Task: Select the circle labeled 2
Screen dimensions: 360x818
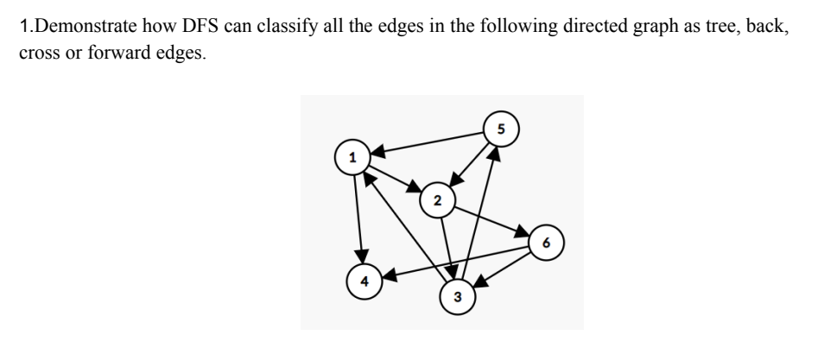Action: point(437,201)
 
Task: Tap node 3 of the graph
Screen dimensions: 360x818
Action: point(457,297)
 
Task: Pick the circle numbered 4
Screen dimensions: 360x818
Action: point(365,281)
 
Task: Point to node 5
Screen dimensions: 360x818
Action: point(499,129)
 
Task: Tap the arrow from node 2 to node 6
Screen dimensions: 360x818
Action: point(491,222)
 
